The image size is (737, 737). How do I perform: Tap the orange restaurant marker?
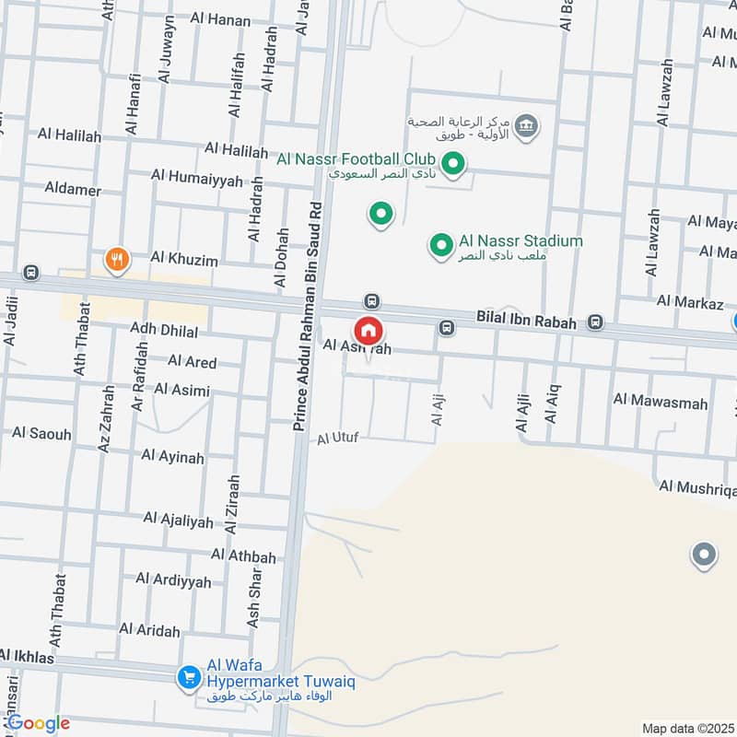coord(116,260)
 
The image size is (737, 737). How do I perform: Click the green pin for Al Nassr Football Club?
coord(452,165)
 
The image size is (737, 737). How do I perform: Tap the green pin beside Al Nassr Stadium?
coord(441,245)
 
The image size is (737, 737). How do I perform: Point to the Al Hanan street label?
coord(220,18)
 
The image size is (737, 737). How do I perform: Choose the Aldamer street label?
coord(73,189)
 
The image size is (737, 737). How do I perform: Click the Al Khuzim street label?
coord(184,260)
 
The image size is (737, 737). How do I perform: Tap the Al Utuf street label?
coord(337,438)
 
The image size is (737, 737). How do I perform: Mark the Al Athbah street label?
coord(243,556)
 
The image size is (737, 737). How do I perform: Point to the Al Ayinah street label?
coord(173,457)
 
